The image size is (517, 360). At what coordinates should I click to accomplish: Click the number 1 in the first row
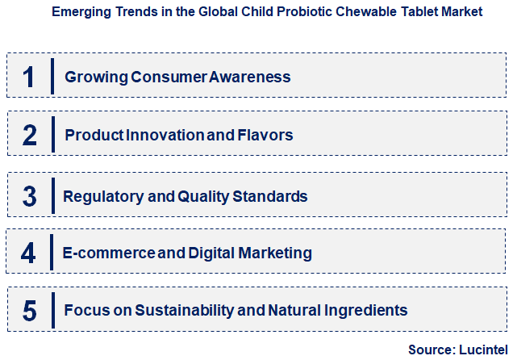coord(30,77)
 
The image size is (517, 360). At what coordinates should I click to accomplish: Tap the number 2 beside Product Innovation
coord(30,135)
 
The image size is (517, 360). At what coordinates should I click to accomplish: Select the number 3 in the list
coord(30,195)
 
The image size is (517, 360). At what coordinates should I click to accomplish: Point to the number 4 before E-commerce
coord(29,253)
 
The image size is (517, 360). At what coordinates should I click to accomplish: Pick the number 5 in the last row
coord(30,310)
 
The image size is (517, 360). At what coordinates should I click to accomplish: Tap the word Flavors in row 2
coord(264,135)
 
